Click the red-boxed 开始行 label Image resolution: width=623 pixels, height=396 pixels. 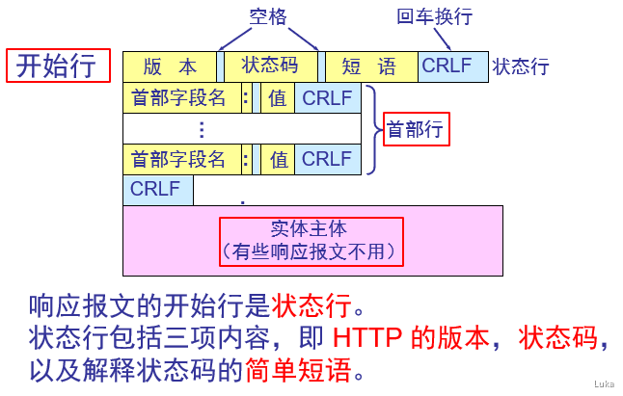click(x=56, y=66)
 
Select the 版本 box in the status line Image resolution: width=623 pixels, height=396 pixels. click(x=170, y=66)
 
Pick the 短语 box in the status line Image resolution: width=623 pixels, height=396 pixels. click(x=369, y=66)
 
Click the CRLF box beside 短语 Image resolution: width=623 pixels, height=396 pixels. click(x=452, y=66)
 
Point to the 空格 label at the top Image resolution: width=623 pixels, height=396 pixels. click(x=268, y=18)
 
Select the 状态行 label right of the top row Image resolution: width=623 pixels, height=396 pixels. click(x=521, y=66)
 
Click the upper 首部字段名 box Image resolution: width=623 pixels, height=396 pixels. click(x=180, y=98)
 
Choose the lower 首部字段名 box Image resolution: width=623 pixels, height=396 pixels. click(x=180, y=160)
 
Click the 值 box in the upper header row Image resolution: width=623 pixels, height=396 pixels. click(x=278, y=98)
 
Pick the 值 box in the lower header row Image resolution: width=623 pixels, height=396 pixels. click(x=278, y=160)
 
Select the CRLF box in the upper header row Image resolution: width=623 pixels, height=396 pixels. click(x=328, y=98)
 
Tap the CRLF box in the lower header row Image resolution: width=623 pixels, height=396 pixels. click(x=328, y=160)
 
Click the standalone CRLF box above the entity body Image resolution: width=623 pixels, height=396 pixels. click(x=157, y=189)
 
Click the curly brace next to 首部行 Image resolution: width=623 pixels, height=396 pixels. click(x=373, y=129)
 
